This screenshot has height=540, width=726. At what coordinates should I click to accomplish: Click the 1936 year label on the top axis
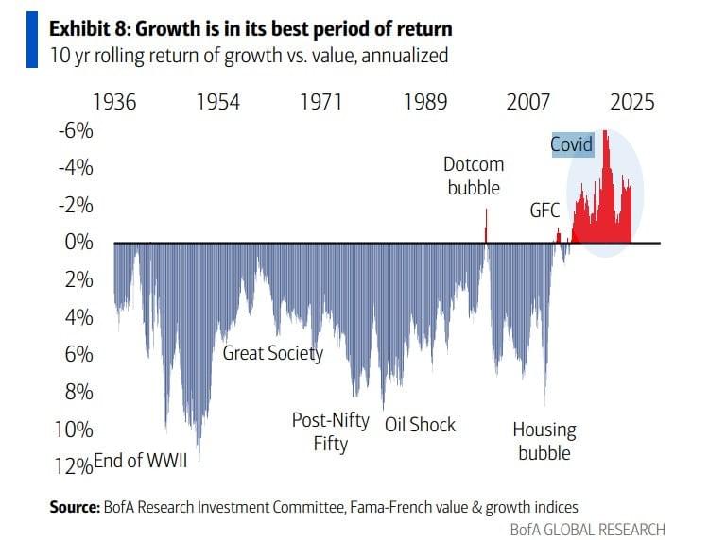[x=113, y=102]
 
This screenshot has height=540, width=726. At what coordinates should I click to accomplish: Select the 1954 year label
[x=217, y=102]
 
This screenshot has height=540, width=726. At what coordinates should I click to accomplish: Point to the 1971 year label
[x=321, y=102]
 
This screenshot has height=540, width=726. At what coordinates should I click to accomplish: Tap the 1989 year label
[x=425, y=102]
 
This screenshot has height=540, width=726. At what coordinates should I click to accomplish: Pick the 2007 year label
[x=527, y=102]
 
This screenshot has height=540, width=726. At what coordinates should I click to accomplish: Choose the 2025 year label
[x=631, y=102]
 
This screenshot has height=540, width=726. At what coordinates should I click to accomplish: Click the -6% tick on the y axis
[x=76, y=130]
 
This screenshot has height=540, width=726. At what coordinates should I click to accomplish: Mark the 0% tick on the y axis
[x=78, y=243]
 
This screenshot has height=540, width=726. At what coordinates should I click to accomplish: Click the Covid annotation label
[x=572, y=144]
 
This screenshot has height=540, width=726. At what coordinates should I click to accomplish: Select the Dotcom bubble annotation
[x=474, y=176]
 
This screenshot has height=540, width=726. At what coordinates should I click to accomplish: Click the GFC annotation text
[x=545, y=211]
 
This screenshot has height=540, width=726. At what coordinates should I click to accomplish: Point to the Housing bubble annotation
[x=544, y=441]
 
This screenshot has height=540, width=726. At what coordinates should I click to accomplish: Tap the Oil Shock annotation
[x=421, y=424]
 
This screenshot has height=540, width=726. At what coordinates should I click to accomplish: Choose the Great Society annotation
[x=272, y=354]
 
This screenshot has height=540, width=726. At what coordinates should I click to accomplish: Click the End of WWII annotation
[x=142, y=460]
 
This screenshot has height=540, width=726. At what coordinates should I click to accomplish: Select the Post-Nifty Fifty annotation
[x=330, y=431]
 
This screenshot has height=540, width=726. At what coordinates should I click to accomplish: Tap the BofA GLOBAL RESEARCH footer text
[x=587, y=529]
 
